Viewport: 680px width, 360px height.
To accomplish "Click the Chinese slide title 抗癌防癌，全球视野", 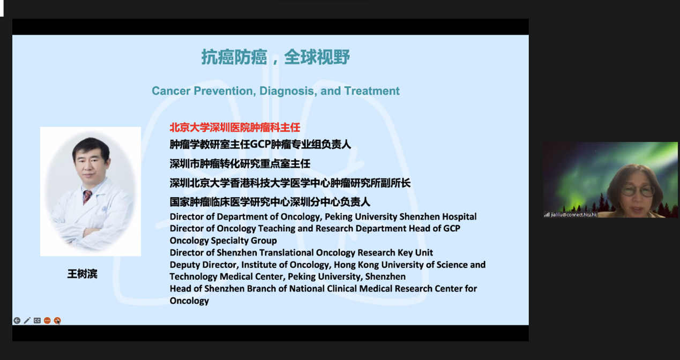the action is (x=275, y=57).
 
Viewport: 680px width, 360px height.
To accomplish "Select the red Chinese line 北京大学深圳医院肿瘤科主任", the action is (x=235, y=127).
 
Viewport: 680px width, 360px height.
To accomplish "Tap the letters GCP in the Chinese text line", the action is (x=260, y=144).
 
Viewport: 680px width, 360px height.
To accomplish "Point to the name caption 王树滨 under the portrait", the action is (x=83, y=274).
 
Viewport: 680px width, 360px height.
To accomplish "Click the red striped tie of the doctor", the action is (x=87, y=197).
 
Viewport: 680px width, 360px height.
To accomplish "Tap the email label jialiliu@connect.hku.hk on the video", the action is (x=574, y=215).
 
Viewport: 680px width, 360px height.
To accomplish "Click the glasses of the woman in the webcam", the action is (x=638, y=191).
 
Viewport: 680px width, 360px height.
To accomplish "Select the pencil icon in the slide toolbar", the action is (x=27, y=320).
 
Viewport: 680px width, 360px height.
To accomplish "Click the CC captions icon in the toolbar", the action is (x=37, y=320).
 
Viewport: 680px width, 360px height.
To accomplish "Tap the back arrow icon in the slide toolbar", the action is (x=17, y=320).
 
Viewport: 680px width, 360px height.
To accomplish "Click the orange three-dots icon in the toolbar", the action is (x=47, y=320).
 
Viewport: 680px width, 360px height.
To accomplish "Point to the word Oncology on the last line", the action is (x=189, y=301).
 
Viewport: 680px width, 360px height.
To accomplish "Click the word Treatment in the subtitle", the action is (x=371, y=91).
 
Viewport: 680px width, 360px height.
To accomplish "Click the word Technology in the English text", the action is (x=193, y=277).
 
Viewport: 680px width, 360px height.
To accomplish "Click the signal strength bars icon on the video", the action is (x=547, y=215).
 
